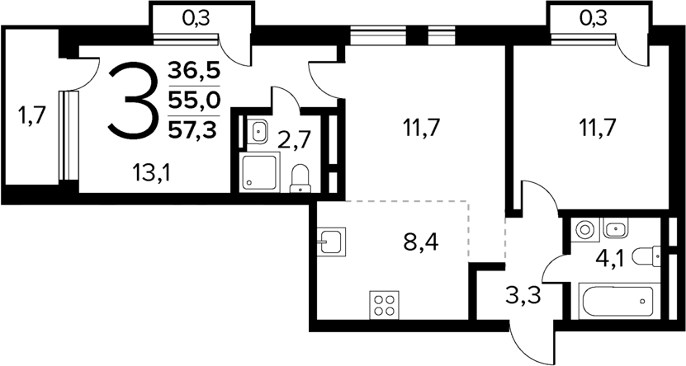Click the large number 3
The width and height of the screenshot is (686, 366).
(132, 101)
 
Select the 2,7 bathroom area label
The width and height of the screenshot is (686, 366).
(294, 138)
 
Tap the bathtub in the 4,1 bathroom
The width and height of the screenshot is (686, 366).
(617, 302)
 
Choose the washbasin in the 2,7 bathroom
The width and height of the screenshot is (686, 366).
(258, 130)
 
